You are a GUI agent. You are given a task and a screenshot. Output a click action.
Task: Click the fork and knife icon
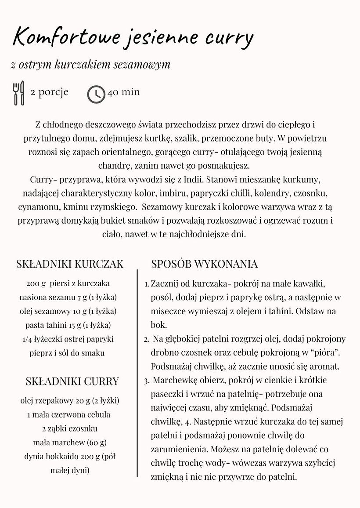pyautogui.click(x=19, y=93)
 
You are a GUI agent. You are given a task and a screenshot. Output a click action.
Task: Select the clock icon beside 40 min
pyautogui.click(x=96, y=94)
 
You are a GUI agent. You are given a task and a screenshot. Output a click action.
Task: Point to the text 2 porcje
pyautogui.click(x=49, y=93)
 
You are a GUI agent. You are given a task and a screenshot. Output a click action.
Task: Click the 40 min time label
pyautogui.click(x=123, y=92)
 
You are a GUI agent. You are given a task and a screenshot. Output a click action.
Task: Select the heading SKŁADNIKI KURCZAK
pyautogui.click(x=70, y=264)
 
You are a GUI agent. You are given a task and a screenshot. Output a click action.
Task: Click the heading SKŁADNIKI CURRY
pyautogui.click(x=72, y=381)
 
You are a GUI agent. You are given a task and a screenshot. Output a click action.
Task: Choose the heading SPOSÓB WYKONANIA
pyautogui.click(x=204, y=264)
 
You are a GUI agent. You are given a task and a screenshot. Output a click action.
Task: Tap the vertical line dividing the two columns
pyautogui.click(x=137, y=374)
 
